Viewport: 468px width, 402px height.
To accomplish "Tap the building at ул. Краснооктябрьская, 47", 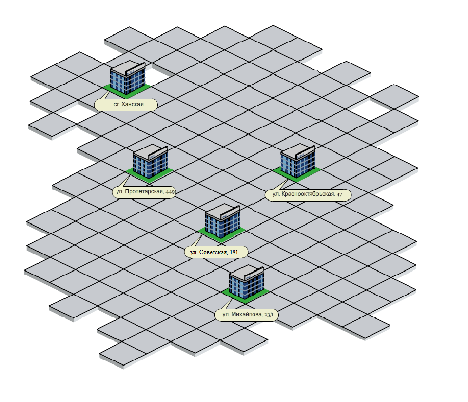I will pyautogui.click(x=298, y=162).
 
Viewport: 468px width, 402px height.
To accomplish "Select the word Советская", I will pyautogui.click(x=214, y=252).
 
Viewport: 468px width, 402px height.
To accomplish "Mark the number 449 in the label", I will pyautogui.click(x=170, y=192).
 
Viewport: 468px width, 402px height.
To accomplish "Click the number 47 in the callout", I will pyautogui.click(x=339, y=195).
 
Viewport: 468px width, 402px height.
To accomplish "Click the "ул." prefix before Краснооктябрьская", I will pyautogui.click(x=276, y=195).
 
